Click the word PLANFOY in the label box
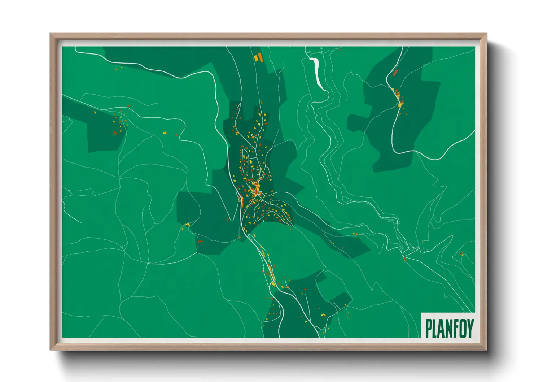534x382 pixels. [449, 328]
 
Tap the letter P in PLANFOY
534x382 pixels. [429, 328]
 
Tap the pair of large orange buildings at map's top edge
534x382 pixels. [258, 57]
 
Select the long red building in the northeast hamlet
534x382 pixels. [395, 73]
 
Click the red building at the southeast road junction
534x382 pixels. [405, 259]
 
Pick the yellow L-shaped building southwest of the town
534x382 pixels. [187, 225]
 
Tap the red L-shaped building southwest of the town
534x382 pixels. [200, 241]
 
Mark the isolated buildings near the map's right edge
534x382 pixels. [462, 254]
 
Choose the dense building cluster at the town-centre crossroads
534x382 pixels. [256, 191]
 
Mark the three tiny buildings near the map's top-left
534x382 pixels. [118, 68]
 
